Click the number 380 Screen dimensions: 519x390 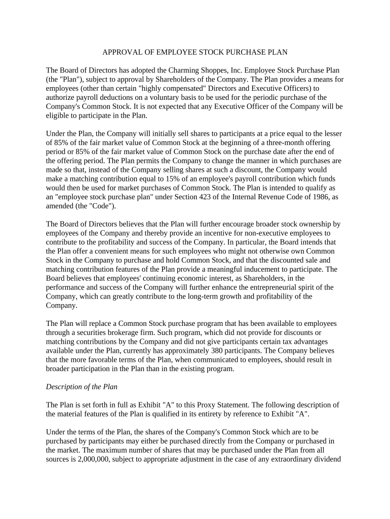[x=212, y=351]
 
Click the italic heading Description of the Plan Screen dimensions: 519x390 [x=82, y=387]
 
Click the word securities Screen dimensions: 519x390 [x=90, y=332]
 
